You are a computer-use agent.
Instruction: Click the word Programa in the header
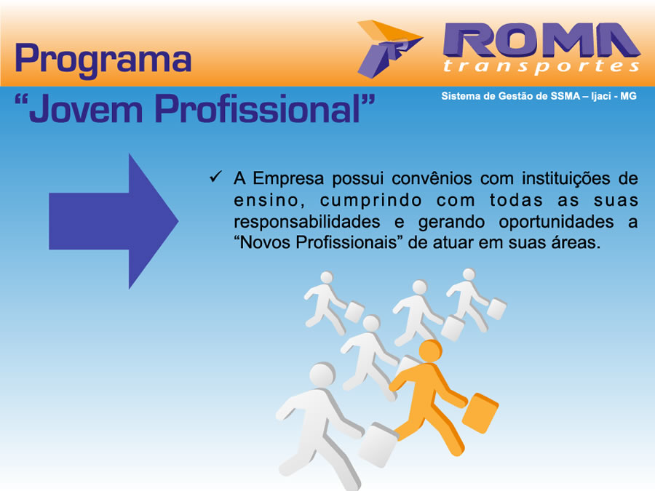click(103, 60)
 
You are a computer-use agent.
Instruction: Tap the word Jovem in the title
click(86, 108)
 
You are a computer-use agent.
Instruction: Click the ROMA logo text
click(541, 40)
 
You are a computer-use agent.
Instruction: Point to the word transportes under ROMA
click(541, 67)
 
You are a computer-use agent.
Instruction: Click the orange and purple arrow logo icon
click(389, 49)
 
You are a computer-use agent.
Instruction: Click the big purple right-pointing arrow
click(114, 221)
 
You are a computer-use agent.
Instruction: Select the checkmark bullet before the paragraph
click(215, 177)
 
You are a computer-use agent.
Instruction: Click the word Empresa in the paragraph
click(287, 179)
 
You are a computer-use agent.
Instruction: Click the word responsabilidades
click(306, 222)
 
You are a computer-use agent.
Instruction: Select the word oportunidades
click(556, 222)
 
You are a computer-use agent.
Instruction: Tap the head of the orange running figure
click(430, 350)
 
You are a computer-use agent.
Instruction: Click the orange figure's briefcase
click(480, 412)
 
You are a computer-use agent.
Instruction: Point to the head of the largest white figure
click(322, 375)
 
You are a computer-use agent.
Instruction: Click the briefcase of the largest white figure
click(378, 444)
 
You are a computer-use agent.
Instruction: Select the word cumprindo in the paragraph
click(371, 201)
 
